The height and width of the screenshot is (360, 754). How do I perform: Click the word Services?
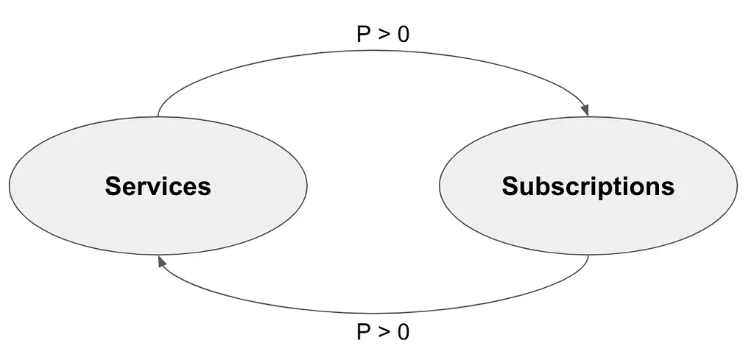pyautogui.click(x=158, y=186)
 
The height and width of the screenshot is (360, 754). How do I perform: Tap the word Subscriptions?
pyautogui.click(x=588, y=186)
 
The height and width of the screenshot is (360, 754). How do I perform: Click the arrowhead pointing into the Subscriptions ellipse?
pyautogui.click(x=585, y=110)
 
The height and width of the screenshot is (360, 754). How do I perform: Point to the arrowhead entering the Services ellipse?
pyautogui.click(x=162, y=261)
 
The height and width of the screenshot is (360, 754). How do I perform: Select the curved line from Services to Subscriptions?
pyautogui.click(x=373, y=51)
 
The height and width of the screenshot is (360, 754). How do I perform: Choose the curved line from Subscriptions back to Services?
pyautogui.click(x=373, y=313)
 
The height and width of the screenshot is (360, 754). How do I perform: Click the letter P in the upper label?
pyautogui.click(x=364, y=35)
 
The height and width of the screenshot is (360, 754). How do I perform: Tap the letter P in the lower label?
pyautogui.click(x=364, y=332)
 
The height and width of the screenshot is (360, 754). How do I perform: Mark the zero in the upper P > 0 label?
pyautogui.click(x=403, y=35)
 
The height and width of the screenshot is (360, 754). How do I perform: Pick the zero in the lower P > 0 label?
pyautogui.click(x=403, y=332)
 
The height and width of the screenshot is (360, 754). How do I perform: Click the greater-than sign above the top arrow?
pyautogui.click(x=383, y=35)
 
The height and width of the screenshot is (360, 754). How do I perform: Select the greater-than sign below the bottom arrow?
pyautogui.click(x=383, y=333)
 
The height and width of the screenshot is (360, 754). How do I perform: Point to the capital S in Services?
pyautogui.click(x=113, y=186)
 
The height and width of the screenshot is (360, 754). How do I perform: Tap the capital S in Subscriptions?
pyautogui.click(x=510, y=186)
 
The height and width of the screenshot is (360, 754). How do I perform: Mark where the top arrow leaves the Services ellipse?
pyautogui.click(x=158, y=117)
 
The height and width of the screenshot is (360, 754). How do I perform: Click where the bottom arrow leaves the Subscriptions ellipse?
pyautogui.click(x=588, y=255)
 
